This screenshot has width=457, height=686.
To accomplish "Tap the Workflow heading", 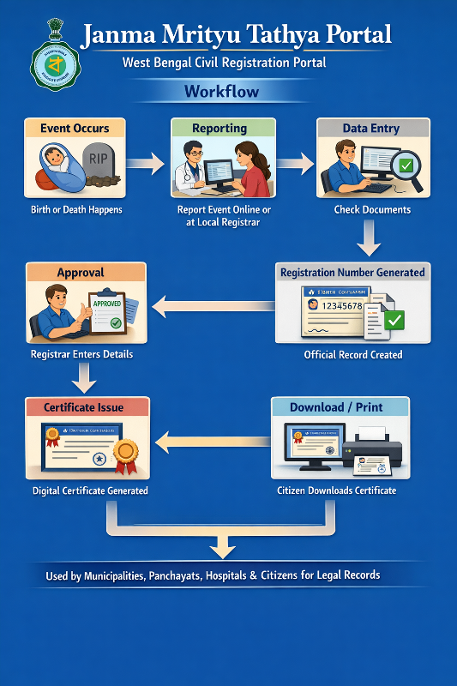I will point(221,91).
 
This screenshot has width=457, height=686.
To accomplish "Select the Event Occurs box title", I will point(75,129).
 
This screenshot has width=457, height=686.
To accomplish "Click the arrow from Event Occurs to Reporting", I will point(146,161).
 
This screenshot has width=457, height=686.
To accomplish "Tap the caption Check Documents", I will point(372,209).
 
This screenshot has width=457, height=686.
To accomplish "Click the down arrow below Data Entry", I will point(369,238).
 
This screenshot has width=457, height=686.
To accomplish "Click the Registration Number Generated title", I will point(352,273).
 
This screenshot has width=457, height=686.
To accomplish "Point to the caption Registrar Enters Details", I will point(81,354).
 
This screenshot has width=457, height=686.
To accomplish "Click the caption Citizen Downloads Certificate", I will point(336,490).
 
